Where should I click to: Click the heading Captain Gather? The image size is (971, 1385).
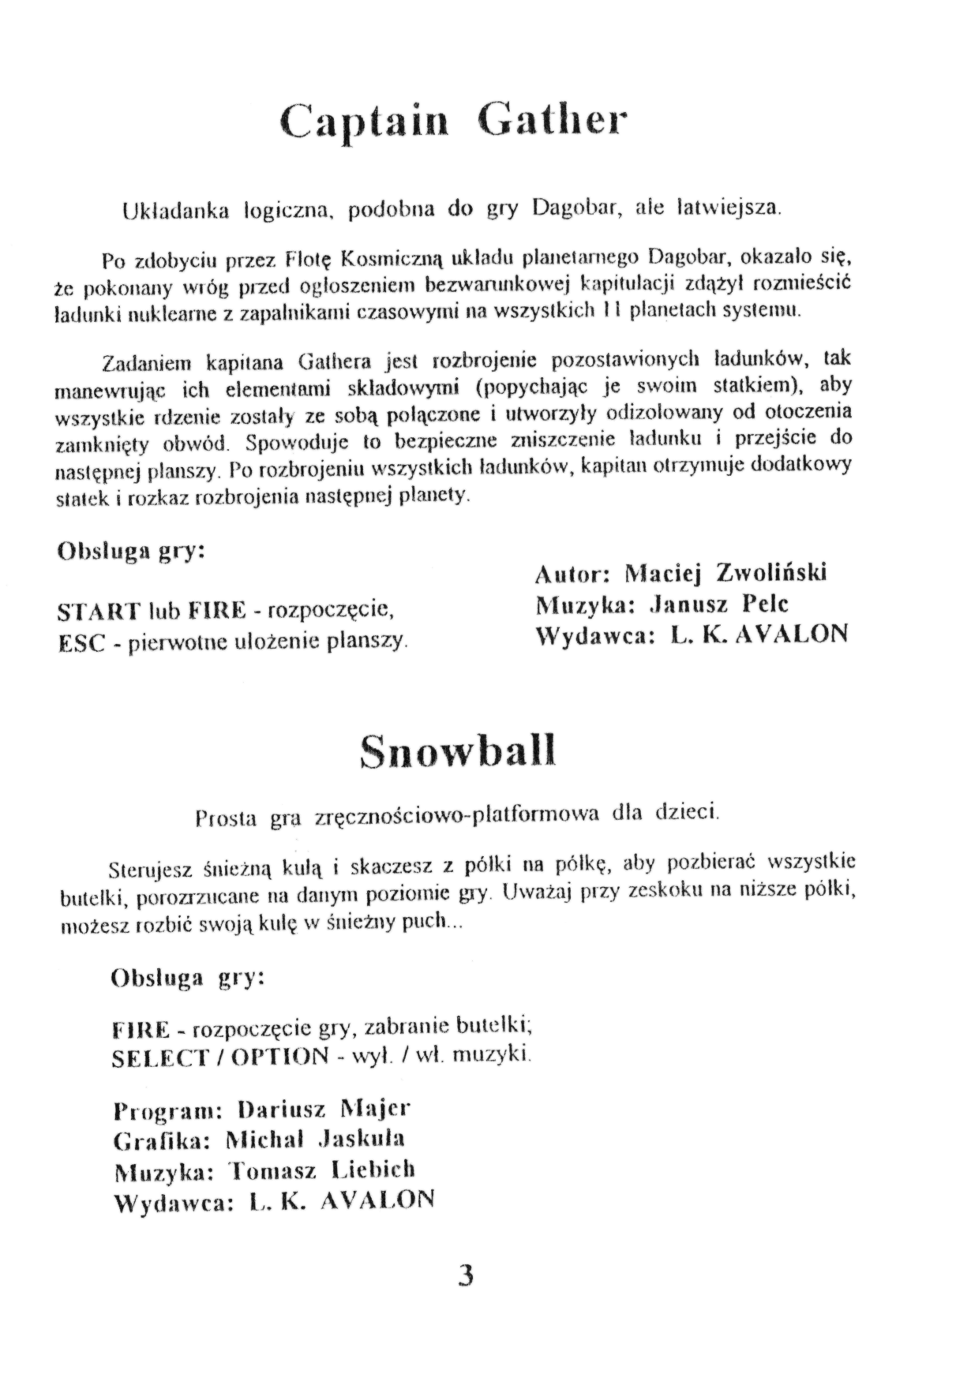[x=455, y=122]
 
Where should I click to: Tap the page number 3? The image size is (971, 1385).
[x=465, y=1275]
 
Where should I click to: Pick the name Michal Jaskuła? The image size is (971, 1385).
[x=315, y=1139]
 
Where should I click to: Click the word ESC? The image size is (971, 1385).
[x=81, y=642]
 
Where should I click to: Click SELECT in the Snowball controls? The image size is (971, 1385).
[x=160, y=1057]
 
